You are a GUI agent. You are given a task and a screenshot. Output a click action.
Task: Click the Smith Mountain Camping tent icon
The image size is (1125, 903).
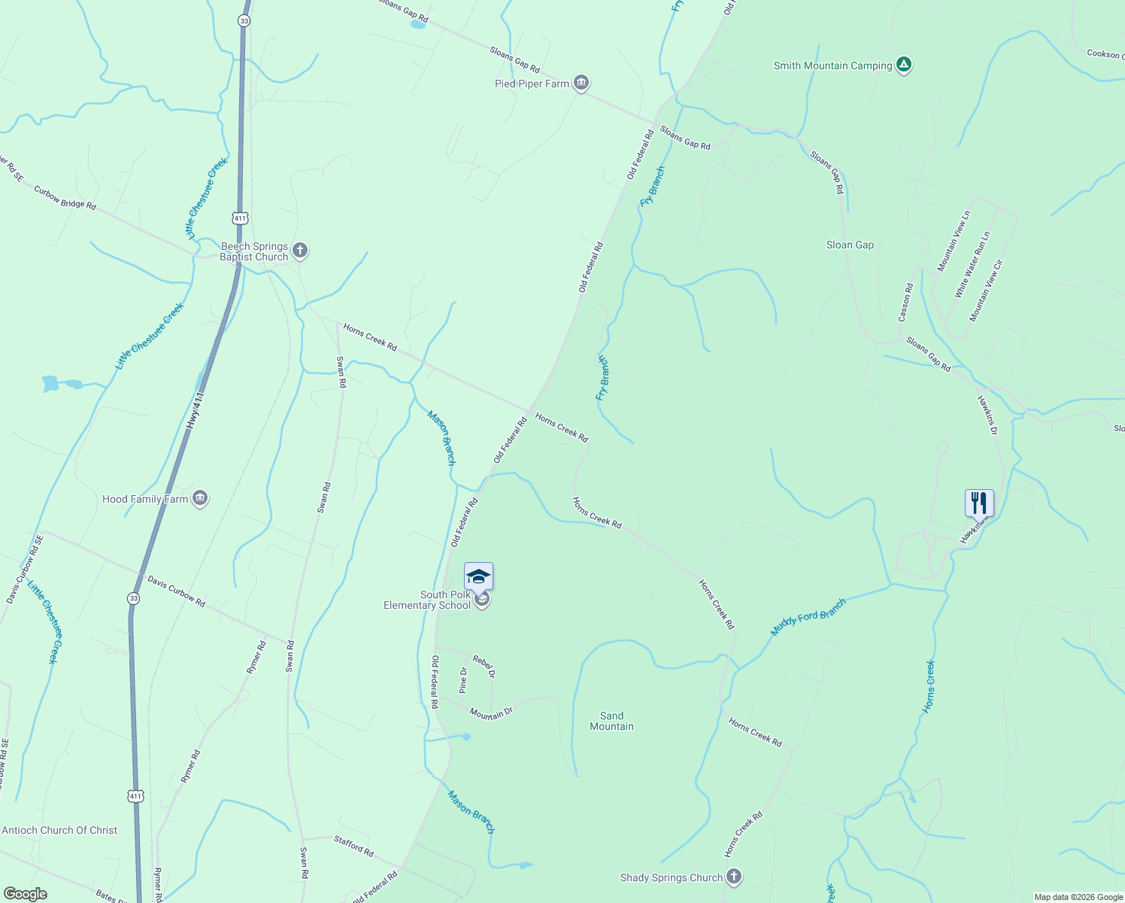904,65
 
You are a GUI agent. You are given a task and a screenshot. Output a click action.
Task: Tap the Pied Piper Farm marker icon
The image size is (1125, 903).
581,83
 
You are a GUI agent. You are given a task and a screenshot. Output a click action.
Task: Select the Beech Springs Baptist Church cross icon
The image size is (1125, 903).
300,251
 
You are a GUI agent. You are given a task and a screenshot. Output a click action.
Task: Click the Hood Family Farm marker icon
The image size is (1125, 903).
200,498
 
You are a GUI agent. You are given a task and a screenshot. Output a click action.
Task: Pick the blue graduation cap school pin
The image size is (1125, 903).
478,577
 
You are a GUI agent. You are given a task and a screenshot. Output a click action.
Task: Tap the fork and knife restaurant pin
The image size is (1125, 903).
979,503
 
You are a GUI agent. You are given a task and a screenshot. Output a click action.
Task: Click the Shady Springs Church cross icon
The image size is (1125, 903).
734,877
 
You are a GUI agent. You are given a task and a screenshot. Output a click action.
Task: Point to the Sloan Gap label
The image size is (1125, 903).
850,245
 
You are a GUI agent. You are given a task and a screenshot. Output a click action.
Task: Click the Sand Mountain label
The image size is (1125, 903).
611,721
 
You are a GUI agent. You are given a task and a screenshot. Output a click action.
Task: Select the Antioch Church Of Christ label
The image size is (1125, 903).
59,830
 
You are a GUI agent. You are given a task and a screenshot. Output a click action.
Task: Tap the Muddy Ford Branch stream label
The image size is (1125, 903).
808,617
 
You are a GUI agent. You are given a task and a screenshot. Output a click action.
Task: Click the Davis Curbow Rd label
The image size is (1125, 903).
176,591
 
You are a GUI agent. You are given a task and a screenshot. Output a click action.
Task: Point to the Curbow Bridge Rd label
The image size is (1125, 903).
65,198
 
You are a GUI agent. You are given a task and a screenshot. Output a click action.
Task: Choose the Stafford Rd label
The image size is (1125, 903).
353,847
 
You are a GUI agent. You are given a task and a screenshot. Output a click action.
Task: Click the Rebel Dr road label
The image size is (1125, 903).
484,666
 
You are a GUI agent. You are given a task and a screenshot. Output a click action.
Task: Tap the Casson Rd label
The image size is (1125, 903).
906,303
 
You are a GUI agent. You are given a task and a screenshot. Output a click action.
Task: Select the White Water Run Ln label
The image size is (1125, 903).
972,265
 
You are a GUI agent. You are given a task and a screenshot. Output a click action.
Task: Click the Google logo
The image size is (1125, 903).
26,894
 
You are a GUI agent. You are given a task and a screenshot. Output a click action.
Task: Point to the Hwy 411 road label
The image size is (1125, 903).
195,411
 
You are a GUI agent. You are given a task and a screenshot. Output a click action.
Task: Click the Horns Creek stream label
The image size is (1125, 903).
929,686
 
